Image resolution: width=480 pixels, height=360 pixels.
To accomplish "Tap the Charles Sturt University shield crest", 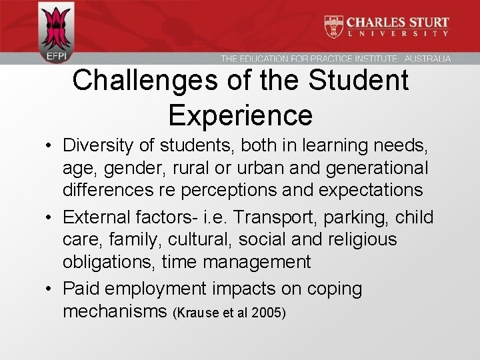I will click(333, 27).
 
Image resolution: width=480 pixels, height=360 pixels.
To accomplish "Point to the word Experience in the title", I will click(241, 115).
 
